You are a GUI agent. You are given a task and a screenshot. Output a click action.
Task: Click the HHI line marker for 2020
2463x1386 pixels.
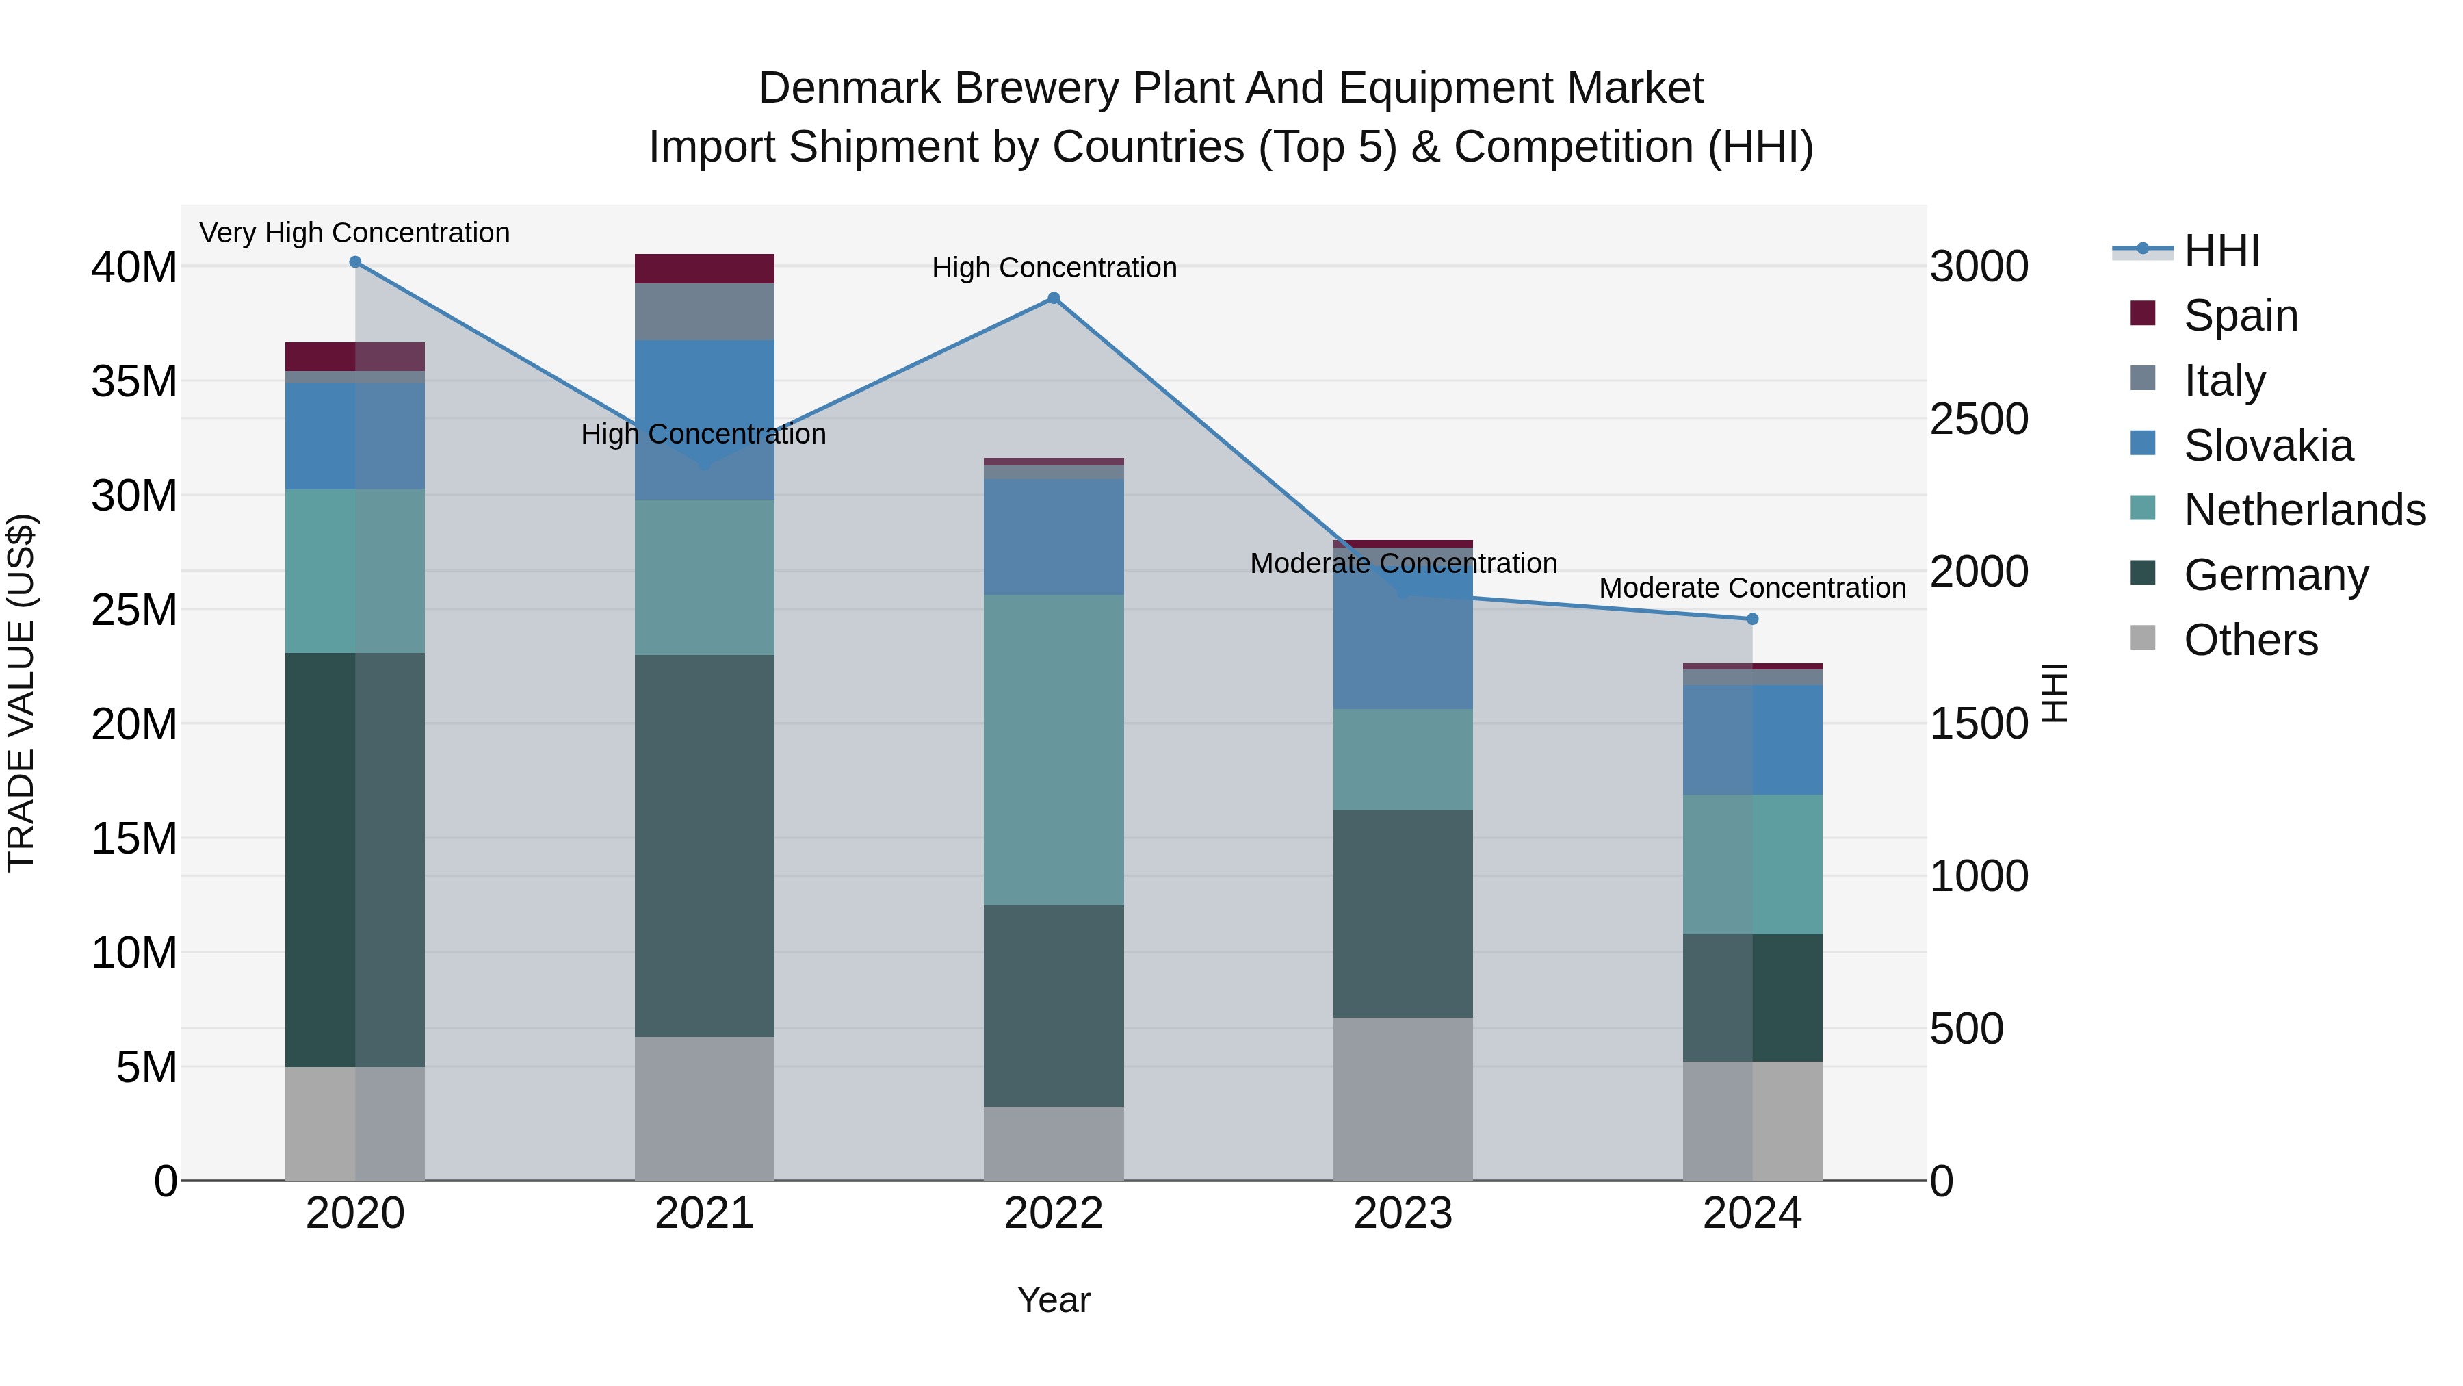pyautogui.click(x=354, y=262)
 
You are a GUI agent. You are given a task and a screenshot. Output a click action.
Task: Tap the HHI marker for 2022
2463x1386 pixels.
pyautogui.click(x=1054, y=298)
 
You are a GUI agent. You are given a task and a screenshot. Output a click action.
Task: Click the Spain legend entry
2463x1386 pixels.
pyautogui.click(x=2240, y=316)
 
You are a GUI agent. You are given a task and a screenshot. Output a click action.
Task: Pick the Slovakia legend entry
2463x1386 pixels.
pyautogui.click(x=2267, y=446)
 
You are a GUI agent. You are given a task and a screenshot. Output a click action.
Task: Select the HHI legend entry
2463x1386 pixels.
pyautogui.click(x=2221, y=251)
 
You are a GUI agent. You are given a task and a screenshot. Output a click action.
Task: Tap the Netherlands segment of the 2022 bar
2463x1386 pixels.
pyautogui.click(x=1054, y=750)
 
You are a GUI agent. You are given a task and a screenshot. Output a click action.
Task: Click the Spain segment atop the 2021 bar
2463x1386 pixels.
pyautogui.click(x=705, y=269)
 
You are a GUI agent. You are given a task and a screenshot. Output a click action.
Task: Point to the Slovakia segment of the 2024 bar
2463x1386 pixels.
pyautogui.click(x=1753, y=739)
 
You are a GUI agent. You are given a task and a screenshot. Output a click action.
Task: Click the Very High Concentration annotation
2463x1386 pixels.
pyautogui.click(x=354, y=233)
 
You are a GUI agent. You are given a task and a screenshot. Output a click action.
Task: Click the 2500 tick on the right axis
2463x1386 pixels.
pyautogui.click(x=1978, y=419)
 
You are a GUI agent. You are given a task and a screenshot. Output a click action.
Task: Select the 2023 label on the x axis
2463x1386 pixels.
pyautogui.click(x=1403, y=1214)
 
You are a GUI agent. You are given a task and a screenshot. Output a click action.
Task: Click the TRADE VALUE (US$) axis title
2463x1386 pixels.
pyautogui.click(x=21, y=693)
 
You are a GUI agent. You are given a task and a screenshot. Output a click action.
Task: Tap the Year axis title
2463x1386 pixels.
pyautogui.click(x=1054, y=1300)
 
